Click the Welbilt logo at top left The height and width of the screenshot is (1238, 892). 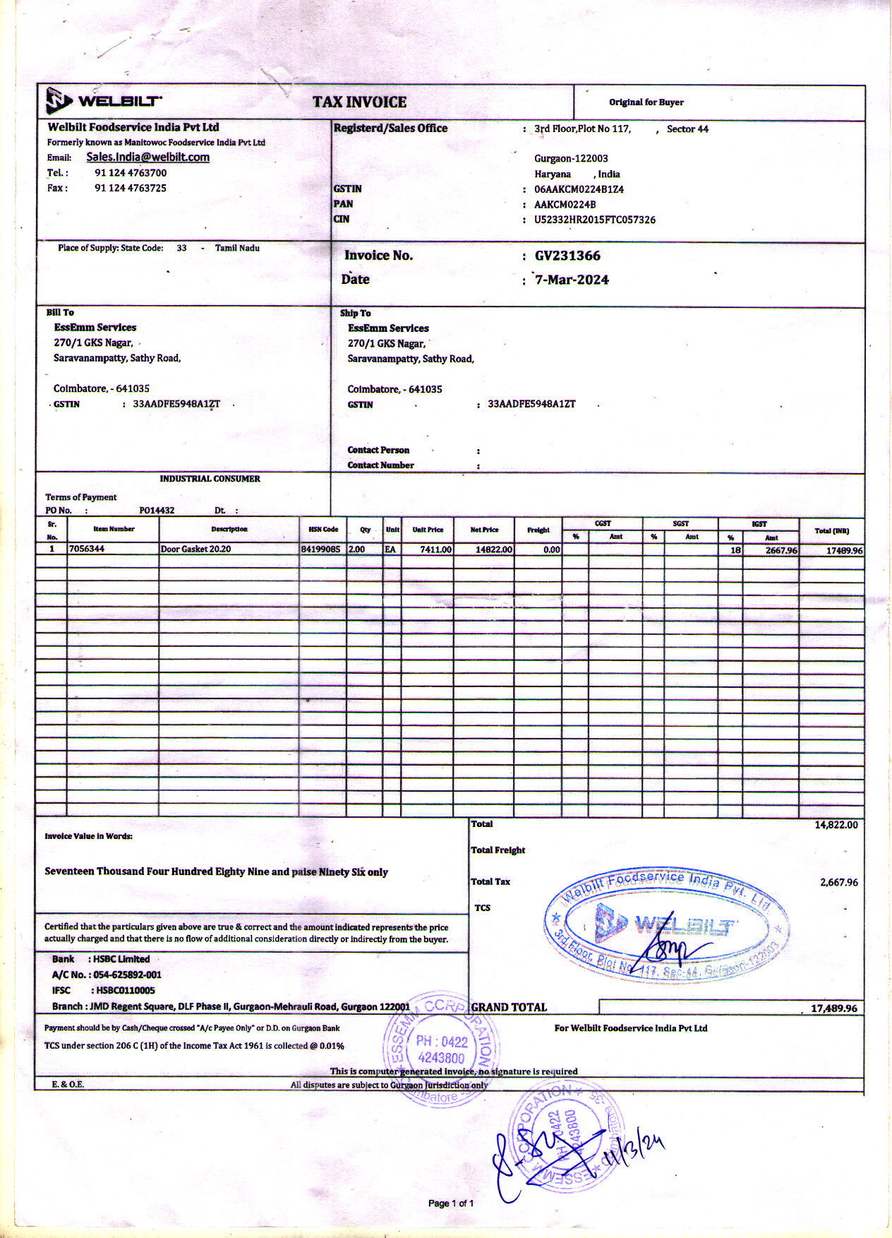(x=103, y=101)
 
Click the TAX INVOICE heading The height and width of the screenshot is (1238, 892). (x=359, y=102)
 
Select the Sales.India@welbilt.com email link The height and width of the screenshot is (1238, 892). (x=147, y=157)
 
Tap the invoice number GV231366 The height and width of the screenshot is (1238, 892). (x=567, y=256)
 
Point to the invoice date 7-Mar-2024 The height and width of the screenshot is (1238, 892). (x=572, y=280)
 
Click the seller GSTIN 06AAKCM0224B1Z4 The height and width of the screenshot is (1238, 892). (x=579, y=189)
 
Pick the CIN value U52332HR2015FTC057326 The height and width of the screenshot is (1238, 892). (x=594, y=220)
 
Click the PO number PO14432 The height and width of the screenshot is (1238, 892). (x=157, y=510)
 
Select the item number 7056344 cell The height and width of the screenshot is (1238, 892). (x=87, y=549)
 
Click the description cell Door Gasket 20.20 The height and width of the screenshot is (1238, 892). (x=195, y=549)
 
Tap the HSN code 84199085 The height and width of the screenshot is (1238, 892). (x=320, y=549)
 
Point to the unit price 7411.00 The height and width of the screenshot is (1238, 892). (x=435, y=549)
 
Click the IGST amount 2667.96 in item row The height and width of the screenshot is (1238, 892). (x=781, y=550)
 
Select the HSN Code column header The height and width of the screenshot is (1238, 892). (x=323, y=529)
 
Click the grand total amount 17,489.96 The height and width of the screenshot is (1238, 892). (x=833, y=1008)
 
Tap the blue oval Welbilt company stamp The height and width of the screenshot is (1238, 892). (x=666, y=923)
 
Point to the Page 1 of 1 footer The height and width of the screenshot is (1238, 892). (x=451, y=1203)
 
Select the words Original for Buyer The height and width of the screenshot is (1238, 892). (x=646, y=102)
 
